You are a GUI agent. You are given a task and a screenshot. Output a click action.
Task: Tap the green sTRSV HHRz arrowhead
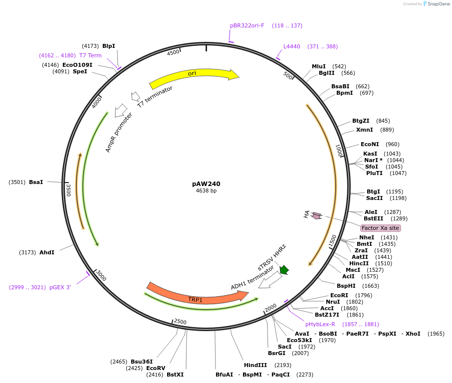click(284, 270)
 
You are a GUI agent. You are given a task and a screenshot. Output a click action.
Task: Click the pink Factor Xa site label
click(380, 228)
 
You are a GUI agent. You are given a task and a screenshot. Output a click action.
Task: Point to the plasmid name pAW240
click(206, 184)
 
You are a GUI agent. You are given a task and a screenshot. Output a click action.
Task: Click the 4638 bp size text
click(206, 191)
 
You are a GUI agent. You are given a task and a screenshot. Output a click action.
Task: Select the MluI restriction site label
click(319, 66)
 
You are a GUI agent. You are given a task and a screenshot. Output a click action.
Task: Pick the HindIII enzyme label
click(255, 365)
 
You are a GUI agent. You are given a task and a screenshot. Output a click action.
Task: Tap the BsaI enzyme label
click(36, 182)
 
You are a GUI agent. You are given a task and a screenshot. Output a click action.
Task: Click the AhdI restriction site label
click(47, 252)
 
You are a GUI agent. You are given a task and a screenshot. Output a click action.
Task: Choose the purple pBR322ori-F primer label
click(247, 25)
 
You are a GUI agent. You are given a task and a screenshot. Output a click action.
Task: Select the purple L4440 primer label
click(292, 46)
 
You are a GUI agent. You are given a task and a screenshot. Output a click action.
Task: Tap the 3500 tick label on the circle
click(69, 190)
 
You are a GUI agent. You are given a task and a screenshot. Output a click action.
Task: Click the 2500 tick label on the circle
click(180, 322)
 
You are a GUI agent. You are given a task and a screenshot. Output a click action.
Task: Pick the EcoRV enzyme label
click(155, 368)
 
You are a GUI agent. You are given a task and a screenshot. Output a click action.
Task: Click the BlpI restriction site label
click(109, 46)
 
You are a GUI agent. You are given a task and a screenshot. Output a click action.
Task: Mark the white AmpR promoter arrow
click(120, 110)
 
